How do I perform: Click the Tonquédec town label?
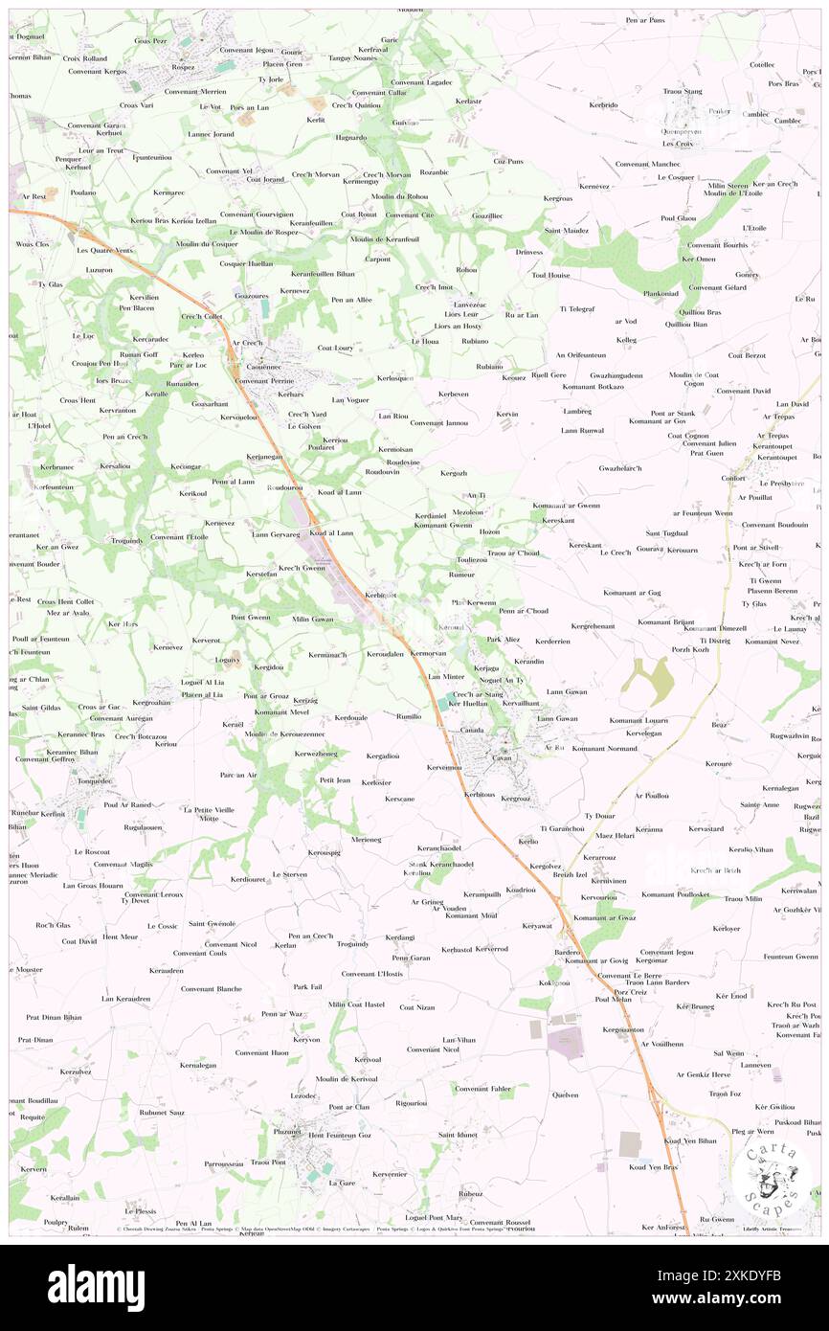click(94, 779)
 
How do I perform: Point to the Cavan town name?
click(503, 756)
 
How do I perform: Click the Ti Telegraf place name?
click(577, 308)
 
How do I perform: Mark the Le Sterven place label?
click(289, 873)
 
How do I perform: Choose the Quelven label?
click(565, 1094)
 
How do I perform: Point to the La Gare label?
click(341, 1183)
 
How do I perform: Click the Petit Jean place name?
click(335, 780)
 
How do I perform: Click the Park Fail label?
click(307, 986)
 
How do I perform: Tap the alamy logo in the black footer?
click(96, 1287)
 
